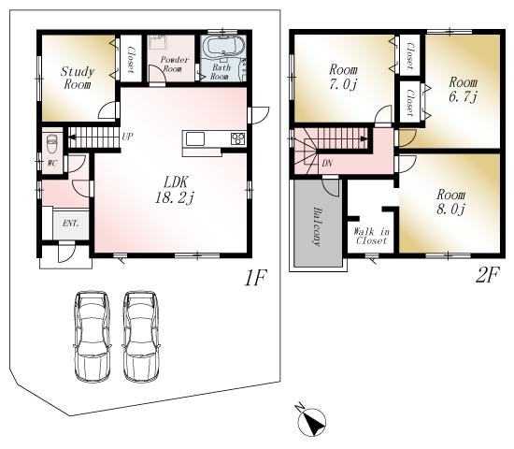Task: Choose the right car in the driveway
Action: coord(139,334)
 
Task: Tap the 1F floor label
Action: coord(259,278)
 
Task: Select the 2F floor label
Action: coord(487,278)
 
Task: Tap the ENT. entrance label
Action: coord(70,223)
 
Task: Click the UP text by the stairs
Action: coord(126,137)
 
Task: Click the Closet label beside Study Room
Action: coord(130,56)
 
